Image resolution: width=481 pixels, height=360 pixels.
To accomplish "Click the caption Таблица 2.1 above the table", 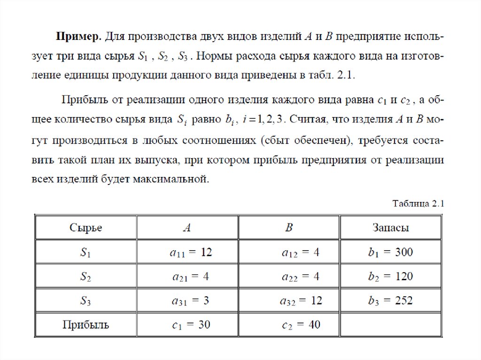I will coord(418,203).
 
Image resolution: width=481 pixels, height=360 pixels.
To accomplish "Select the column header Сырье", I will coord(86,228).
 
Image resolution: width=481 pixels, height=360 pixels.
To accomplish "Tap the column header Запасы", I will coord(390,228).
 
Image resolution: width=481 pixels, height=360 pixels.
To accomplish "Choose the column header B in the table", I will coord(289,228).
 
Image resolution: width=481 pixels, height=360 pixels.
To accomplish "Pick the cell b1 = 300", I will coord(390,253).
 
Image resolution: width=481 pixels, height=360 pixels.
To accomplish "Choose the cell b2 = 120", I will coord(390,276).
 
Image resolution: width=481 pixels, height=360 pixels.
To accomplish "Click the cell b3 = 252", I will coord(390,301).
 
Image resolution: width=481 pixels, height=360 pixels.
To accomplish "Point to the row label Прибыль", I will coord(86,325).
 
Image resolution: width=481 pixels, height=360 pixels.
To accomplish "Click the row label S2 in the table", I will coord(85,277).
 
